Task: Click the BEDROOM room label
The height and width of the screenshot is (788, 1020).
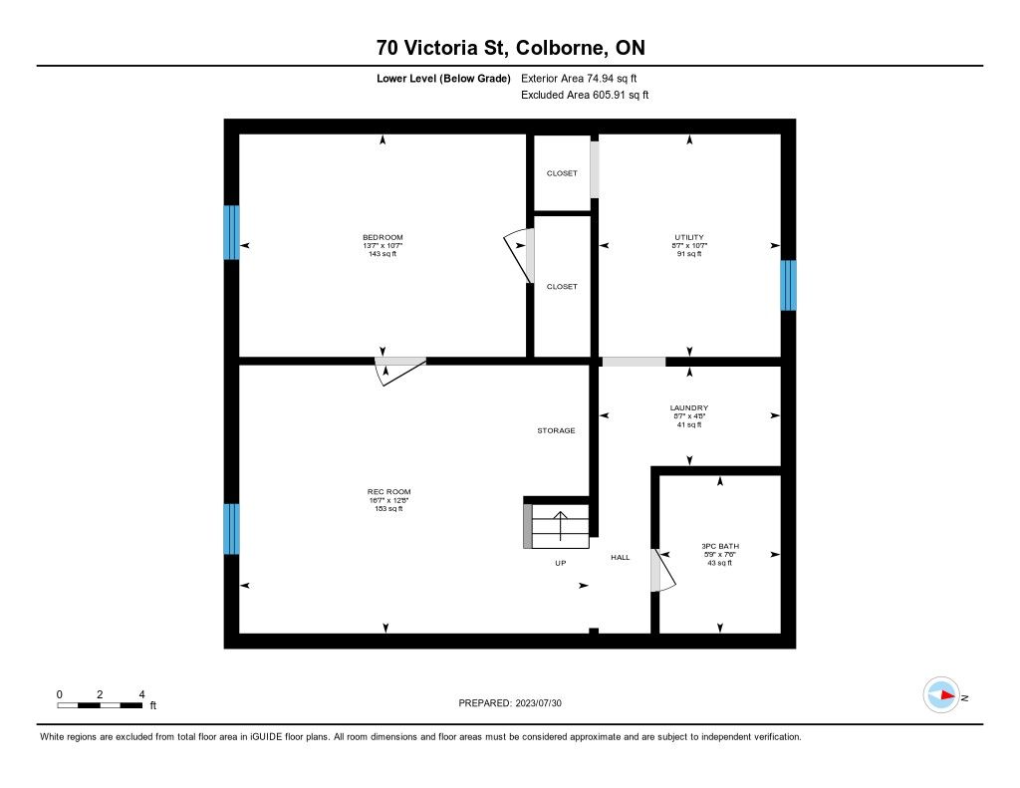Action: click(382, 237)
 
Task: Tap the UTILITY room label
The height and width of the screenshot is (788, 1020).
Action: click(689, 237)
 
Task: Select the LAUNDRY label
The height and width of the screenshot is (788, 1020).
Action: click(689, 408)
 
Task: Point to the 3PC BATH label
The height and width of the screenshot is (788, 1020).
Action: click(720, 547)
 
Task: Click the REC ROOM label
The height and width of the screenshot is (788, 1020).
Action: click(389, 492)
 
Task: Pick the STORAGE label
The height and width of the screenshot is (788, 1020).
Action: click(556, 430)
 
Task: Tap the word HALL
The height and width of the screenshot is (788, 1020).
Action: click(620, 557)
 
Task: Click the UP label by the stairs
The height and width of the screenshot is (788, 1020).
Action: click(560, 563)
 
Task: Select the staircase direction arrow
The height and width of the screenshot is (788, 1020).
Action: click(560, 526)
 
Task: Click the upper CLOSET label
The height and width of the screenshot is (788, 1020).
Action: click(562, 173)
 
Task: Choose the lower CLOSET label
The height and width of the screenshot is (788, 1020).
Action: click(562, 286)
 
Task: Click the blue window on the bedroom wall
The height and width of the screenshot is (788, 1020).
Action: click(231, 232)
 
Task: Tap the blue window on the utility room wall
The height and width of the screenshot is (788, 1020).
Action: click(788, 285)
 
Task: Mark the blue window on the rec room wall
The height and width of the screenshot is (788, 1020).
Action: click(231, 529)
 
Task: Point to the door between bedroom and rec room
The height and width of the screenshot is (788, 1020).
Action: click(400, 371)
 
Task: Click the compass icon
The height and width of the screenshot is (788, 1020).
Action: click(941, 695)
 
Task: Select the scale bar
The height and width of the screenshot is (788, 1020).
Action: click(100, 705)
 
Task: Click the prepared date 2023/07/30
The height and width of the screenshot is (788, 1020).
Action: click(539, 703)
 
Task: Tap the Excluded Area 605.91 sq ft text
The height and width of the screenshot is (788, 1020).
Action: click(585, 95)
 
